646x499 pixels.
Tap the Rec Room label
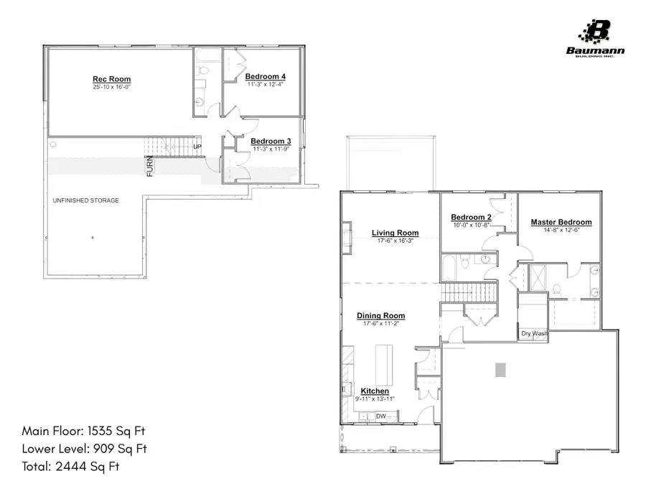[x=111, y=79]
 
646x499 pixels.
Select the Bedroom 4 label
[x=266, y=77]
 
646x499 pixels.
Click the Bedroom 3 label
[x=271, y=141]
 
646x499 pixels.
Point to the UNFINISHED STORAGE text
[x=85, y=200]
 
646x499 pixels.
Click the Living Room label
[x=395, y=233]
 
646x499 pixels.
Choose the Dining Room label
[x=381, y=315]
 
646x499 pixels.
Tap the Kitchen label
[x=375, y=391]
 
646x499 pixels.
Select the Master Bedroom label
[x=561, y=222]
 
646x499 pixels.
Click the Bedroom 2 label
[x=471, y=218]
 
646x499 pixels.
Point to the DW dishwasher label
[x=380, y=416]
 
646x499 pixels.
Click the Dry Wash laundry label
[x=534, y=333]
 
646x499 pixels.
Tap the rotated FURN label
[x=150, y=166]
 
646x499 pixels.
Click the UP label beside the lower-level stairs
[x=198, y=147]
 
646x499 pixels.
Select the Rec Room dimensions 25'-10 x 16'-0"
[x=111, y=87]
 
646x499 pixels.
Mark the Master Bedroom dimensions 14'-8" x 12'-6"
[x=561, y=230]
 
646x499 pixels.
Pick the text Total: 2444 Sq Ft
[x=70, y=467]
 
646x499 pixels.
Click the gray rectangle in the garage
[x=500, y=369]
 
